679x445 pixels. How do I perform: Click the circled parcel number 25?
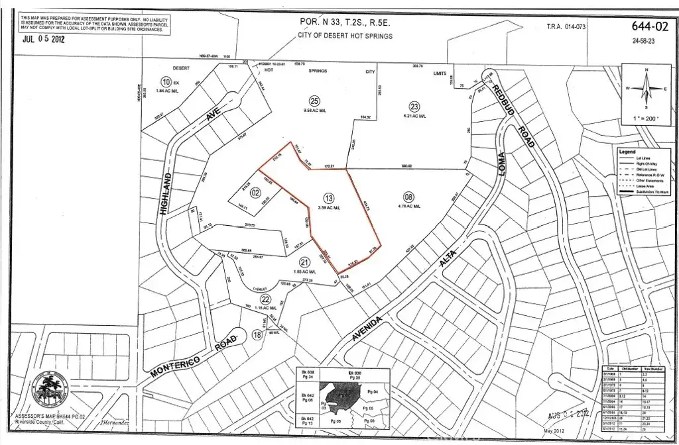tap(314, 100)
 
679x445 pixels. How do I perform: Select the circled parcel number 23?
tap(414, 106)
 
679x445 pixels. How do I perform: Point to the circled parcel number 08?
tap(408, 197)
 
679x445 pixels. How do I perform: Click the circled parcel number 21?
tap(305, 261)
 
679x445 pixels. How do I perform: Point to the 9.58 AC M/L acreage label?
tap(314, 111)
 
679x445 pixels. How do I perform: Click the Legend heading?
tap(627, 152)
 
